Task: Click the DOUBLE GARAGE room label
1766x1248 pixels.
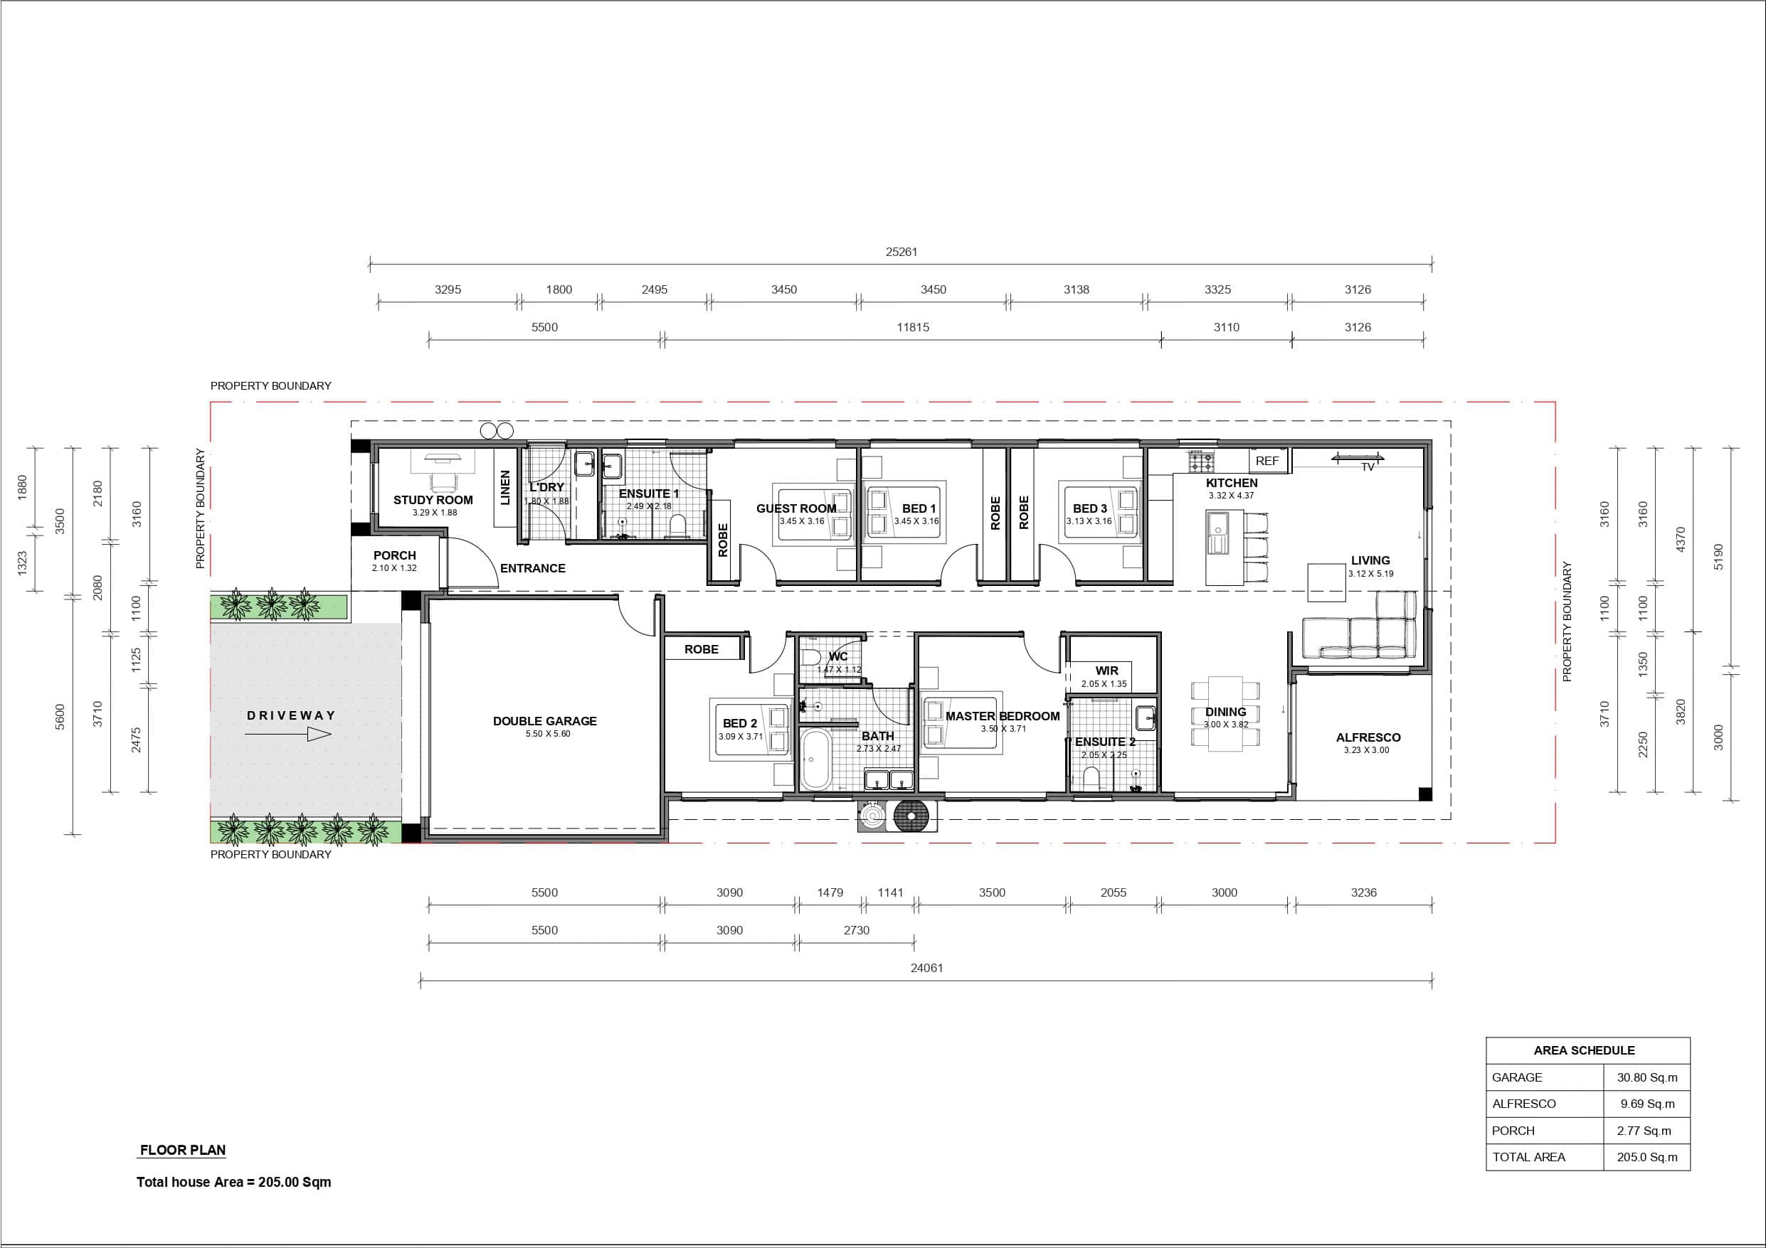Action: point(544,721)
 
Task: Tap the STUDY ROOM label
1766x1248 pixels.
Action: point(433,500)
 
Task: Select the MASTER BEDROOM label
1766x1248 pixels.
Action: point(1003,716)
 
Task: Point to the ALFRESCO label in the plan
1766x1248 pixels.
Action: point(1368,737)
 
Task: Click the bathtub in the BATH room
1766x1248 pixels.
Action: point(815,759)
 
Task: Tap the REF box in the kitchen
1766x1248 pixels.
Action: point(1268,461)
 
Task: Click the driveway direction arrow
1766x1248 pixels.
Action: point(287,735)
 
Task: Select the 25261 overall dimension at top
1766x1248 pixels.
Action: point(901,252)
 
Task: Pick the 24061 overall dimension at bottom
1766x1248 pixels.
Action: point(926,968)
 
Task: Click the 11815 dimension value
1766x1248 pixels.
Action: point(912,328)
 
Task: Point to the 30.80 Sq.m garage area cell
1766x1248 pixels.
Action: point(1646,1077)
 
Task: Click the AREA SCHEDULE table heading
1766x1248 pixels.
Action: point(1584,1050)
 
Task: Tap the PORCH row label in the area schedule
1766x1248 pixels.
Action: point(1513,1131)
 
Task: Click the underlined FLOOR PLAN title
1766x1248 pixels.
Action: point(182,1151)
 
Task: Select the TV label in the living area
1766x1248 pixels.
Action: point(1368,466)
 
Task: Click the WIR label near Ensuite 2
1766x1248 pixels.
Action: point(1107,671)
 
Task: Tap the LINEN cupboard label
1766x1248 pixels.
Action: point(505,488)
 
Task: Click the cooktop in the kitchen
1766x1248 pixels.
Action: point(1202,462)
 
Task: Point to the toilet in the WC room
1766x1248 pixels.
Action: point(810,658)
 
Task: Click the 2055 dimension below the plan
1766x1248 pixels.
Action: point(1113,892)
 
